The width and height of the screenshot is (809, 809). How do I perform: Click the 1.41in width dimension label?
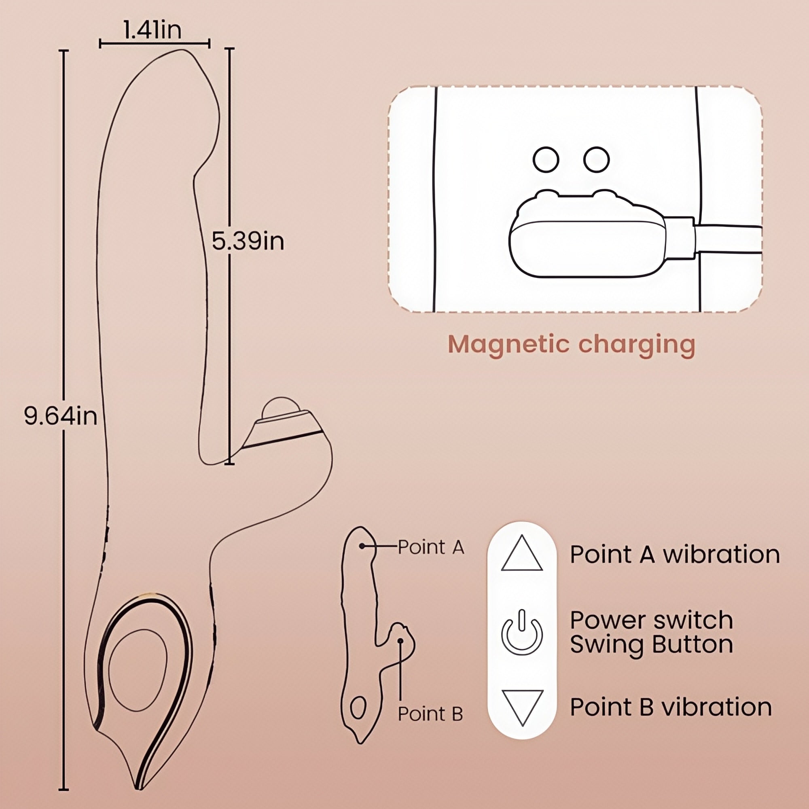(152, 31)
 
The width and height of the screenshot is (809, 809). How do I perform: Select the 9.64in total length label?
(60, 416)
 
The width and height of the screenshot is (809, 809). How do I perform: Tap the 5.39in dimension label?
(248, 241)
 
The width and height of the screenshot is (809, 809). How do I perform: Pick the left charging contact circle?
(546, 159)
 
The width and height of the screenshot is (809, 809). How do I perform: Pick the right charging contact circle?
(596, 159)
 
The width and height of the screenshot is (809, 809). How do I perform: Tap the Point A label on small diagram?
(430, 547)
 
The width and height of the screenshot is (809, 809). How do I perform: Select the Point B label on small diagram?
(430, 714)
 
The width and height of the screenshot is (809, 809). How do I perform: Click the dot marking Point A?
(362, 546)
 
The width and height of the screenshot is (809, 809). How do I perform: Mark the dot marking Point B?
(401, 641)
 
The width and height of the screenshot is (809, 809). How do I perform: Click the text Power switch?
(651, 620)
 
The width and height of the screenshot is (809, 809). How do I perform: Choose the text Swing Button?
(651, 644)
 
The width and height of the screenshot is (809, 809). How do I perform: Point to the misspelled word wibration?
(722, 555)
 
